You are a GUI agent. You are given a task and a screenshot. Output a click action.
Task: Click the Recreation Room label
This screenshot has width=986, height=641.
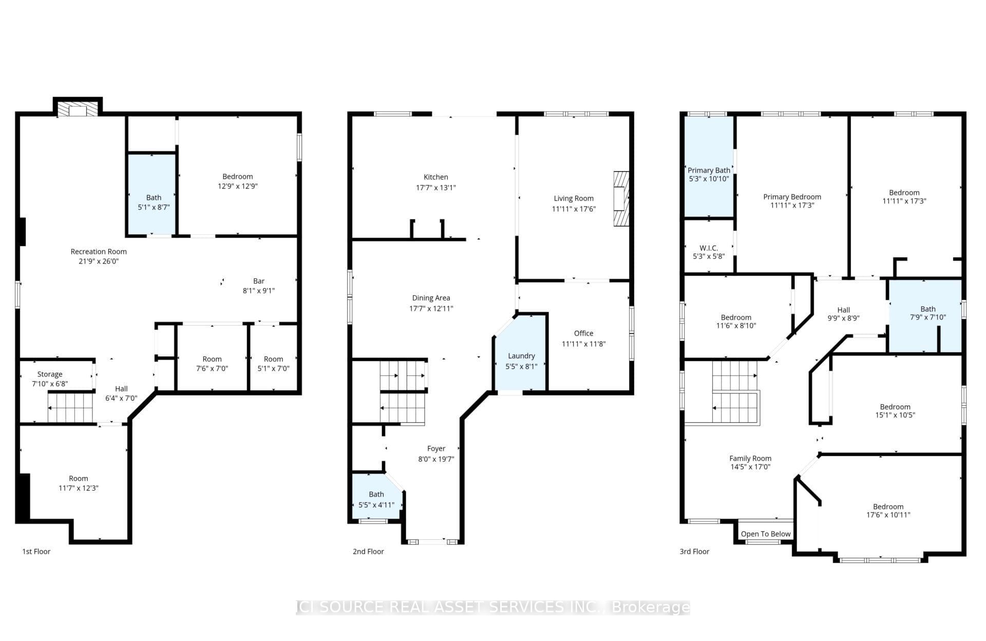(x=98, y=252)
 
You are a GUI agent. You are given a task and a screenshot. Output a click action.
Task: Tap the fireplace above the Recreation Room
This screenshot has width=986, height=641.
(x=78, y=110)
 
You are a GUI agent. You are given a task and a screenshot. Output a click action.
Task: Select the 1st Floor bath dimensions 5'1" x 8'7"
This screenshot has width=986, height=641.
(x=154, y=208)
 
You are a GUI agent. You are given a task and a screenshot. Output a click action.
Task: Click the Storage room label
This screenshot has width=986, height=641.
(x=50, y=374)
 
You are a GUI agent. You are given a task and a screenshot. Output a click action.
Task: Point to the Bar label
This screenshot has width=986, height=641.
(x=259, y=281)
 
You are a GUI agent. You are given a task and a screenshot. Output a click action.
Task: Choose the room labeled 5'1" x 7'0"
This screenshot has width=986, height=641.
(x=273, y=364)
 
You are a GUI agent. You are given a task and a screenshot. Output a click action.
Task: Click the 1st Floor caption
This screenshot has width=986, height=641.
(x=36, y=552)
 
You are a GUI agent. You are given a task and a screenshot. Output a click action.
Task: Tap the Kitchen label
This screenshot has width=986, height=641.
(x=435, y=177)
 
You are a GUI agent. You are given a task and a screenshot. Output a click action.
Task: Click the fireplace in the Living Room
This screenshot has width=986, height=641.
(x=621, y=199)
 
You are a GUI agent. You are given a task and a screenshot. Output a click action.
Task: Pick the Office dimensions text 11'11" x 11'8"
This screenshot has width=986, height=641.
(x=583, y=344)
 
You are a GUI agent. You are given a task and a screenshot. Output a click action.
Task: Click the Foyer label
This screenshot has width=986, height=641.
(x=436, y=448)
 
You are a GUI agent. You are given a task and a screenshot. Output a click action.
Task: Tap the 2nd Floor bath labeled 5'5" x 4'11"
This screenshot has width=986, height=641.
(x=376, y=499)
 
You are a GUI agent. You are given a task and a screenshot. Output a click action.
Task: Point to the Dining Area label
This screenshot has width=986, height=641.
(x=431, y=298)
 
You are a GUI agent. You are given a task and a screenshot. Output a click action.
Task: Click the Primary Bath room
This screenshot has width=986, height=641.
(x=709, y=174)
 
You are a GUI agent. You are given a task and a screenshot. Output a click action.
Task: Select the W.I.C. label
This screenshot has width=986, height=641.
(x=709, y=248)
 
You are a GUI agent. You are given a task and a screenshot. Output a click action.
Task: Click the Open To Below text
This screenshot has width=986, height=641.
(x=765, y=534)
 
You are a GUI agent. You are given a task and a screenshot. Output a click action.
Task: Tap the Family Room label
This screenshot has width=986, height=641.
(x=750, y=459)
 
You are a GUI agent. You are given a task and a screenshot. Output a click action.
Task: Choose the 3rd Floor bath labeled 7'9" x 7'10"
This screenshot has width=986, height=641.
(x=927, y=313)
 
